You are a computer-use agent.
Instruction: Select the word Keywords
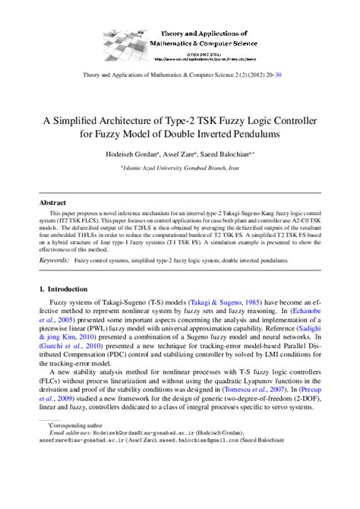point(55,260)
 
